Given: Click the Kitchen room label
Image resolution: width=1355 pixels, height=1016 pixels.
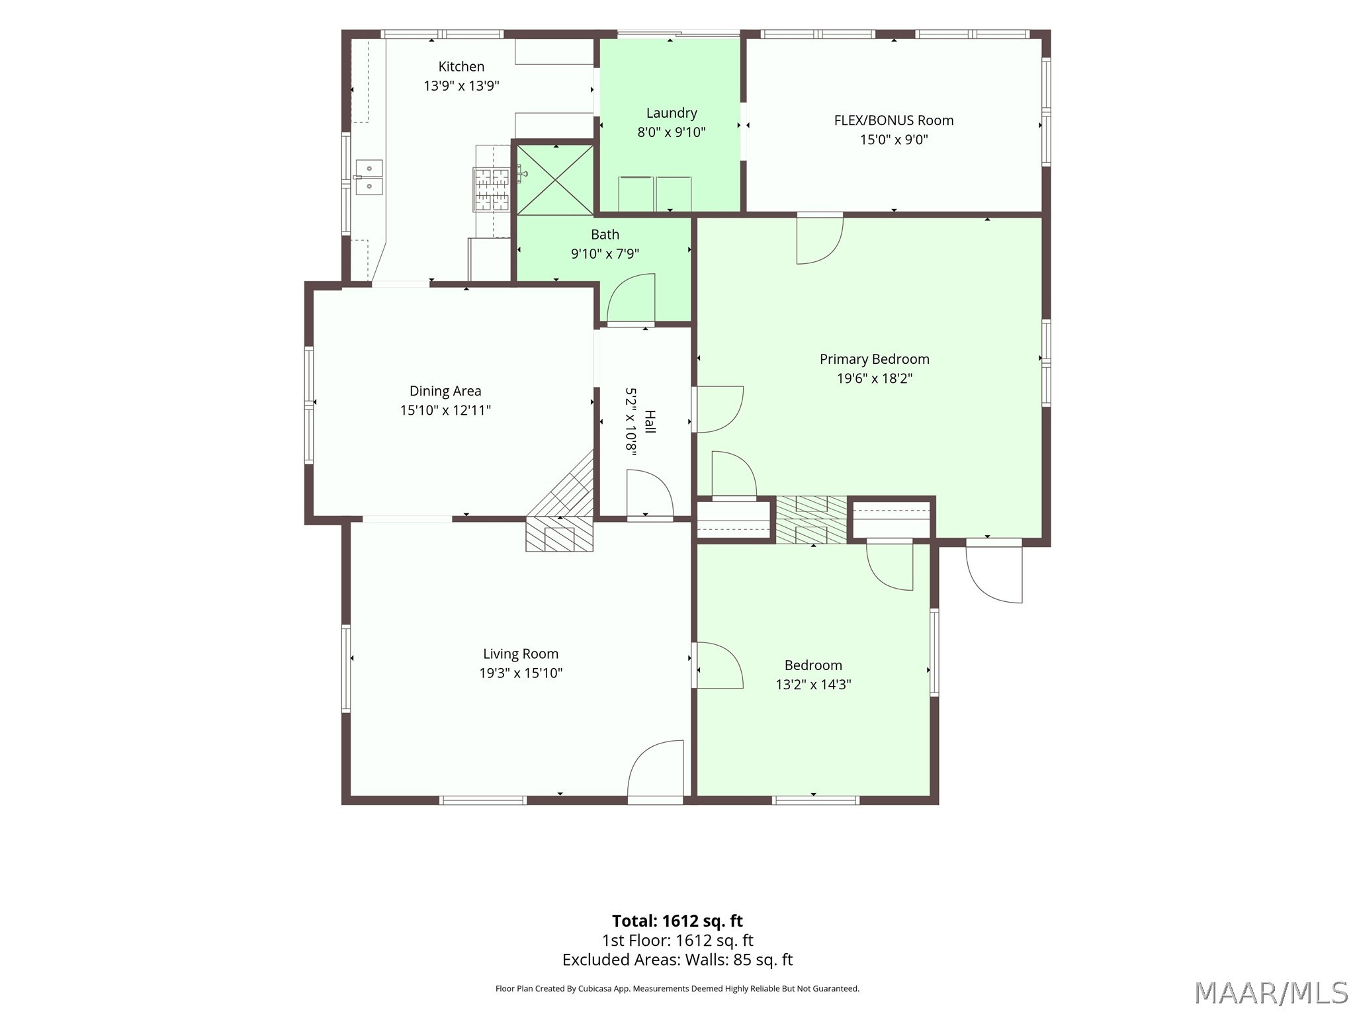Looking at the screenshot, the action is click(x=461, y=66).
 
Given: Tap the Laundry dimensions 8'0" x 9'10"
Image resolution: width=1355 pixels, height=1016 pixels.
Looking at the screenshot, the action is click(x=672, y=132).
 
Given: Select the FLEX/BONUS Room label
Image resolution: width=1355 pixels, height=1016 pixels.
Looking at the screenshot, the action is click(x=894, y=120).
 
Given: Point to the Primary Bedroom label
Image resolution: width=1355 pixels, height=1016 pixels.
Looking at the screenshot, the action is click(x=875, y=359).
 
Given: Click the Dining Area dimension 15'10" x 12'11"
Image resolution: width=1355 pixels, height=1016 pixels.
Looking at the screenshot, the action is click(x=445, y=410).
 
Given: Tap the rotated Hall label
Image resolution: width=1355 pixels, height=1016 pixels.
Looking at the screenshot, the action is click(x=650, y=421).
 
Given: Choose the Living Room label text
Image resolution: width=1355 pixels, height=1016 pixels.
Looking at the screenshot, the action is click(x=521, y=654).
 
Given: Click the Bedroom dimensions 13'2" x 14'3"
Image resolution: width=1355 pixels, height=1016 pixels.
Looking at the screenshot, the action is click(x=813, y=685).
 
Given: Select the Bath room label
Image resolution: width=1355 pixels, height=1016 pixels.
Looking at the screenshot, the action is click(x=605, y=234).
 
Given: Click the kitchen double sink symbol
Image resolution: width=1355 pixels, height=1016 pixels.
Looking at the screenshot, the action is click(x=369, y=177).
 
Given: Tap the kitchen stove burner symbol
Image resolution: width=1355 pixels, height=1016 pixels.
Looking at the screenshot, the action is click(x=492, y=189).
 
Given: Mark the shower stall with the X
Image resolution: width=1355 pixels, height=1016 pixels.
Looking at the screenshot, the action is click(x=555, y=180).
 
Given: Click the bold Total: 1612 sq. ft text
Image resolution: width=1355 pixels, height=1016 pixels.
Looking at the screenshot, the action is click(x=677, y=921).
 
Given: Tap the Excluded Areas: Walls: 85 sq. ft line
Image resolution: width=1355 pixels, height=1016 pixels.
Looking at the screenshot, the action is click(x=677, y=960).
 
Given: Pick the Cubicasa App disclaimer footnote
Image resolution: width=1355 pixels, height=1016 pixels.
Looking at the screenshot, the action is click(x=677, y=989).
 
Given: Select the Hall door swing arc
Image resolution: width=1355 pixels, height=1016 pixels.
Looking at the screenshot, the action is click(x=650, y=493).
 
